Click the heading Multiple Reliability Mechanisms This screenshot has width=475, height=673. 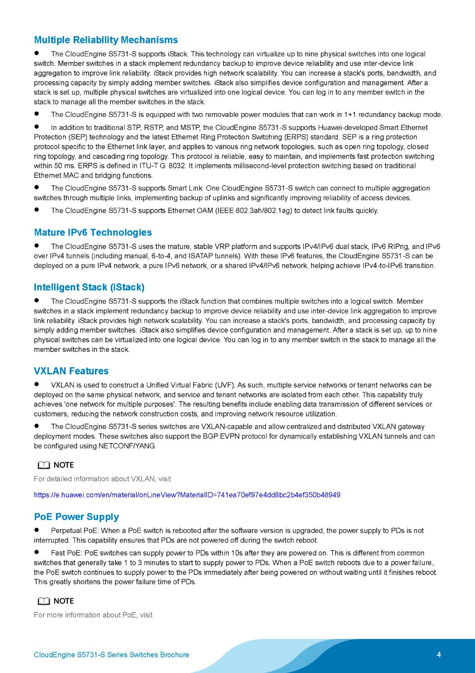(x=106, y=40)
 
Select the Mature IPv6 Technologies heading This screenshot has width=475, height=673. (x=93, y=233)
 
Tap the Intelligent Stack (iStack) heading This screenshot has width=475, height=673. (x=89, y=287)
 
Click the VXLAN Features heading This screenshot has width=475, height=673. (x=71, y=371)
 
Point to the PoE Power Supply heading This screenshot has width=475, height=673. (x=76, y=517)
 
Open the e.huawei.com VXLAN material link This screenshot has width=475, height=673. (x=187, y=495)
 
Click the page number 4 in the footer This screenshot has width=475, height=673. (x=439, y=654)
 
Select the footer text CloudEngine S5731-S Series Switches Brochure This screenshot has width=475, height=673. (x=111, y=655)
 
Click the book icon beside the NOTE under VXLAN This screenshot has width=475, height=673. (x=44, y=465)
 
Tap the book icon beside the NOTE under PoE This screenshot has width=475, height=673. (x=44, y=601)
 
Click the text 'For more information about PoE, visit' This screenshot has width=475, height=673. (x=93, y=615)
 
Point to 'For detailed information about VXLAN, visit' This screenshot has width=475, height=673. (x=102, y=479)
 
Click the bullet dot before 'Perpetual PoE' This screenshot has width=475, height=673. (x=37, y=530)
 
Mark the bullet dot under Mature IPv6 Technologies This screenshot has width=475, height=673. (x=37, y=246)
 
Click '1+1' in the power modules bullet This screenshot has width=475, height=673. (x=350, y=115)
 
